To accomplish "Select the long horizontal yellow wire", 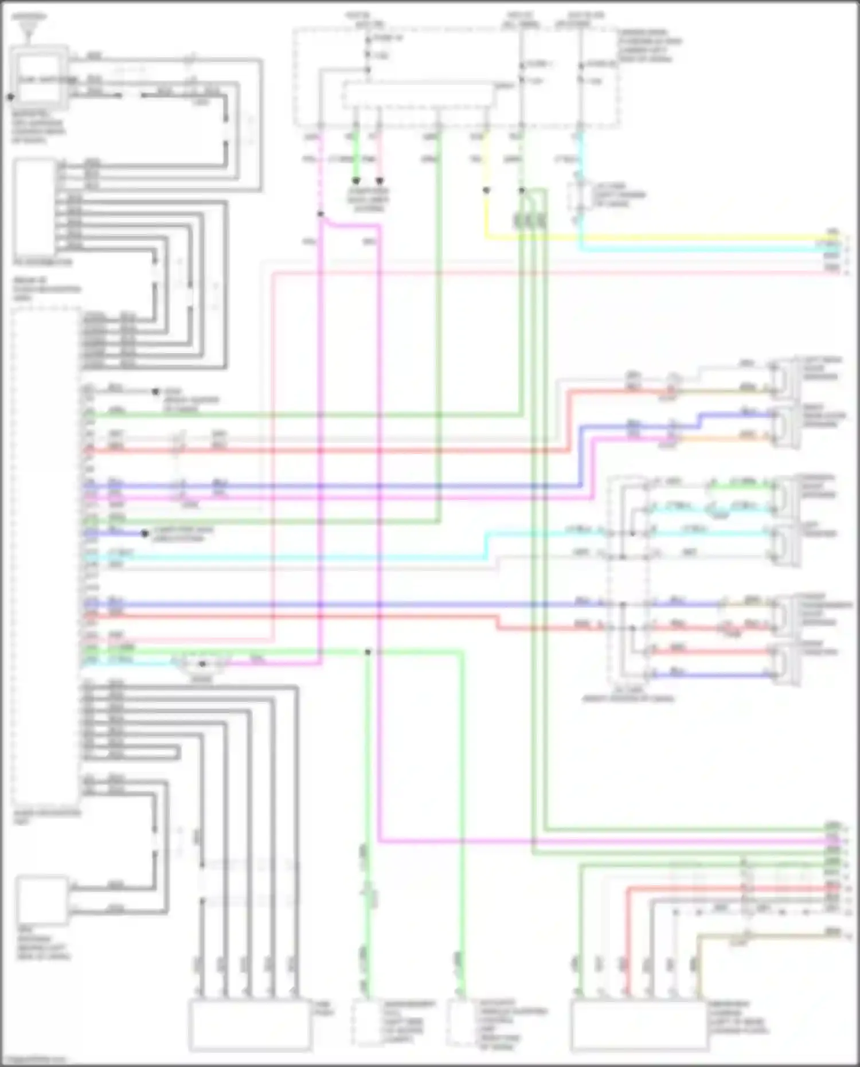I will coord(659,237).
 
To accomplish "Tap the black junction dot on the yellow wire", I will coord(486,190).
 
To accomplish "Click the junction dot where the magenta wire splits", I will coord(321,214).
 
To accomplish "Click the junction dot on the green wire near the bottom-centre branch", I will coord(368,652).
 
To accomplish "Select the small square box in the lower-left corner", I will coord(41,900).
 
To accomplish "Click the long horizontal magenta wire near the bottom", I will coord(602,842).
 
